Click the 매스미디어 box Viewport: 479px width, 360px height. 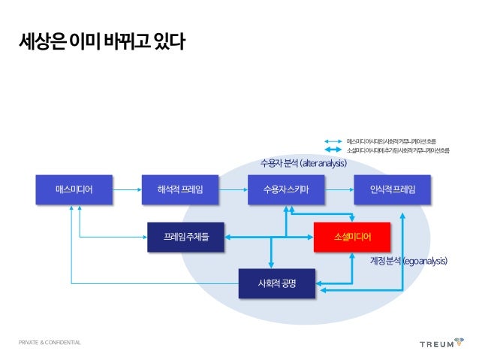click(x=74, y=189)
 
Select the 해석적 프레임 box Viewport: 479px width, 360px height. click(x=180, y=189)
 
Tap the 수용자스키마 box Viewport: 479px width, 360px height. click(x=287, y=189)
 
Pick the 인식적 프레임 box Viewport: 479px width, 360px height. click(x=393, y=189)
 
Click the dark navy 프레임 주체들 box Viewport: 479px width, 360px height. click(x=186, y=237)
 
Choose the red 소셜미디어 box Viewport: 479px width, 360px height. click(x=352, y=237)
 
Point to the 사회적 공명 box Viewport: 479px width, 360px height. click(x=276, y=283)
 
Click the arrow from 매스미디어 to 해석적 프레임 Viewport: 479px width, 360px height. click(x=127, y=189)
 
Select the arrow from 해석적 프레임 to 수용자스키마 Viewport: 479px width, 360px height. click(x=233, y=189)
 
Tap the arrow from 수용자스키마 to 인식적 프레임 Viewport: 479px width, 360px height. click(x=339, y=189)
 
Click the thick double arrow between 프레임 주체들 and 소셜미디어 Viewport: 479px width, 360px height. click(x=270, y=237)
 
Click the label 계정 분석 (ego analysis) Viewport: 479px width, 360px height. click(x=408, y=261)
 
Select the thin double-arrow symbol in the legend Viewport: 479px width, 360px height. click(x=333, y=141)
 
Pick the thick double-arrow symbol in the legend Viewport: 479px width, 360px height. click(x=333, y=150)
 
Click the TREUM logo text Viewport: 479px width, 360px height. click(x=435, y=343)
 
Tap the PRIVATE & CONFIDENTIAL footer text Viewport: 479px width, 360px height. click(x=50, y=343)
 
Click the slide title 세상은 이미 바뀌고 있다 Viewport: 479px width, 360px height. click(x=102, y=42)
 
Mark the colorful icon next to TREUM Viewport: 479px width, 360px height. click(x=459, y=342)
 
